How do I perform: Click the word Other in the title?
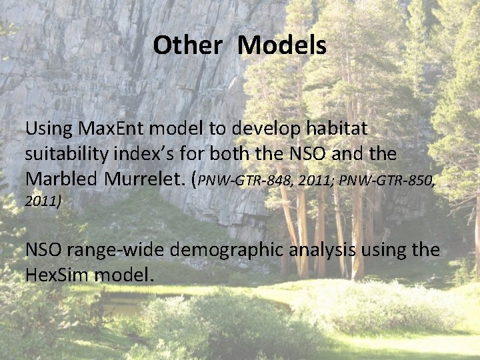click(x=187, y=46)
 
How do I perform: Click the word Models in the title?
click(x=282, y=46)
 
